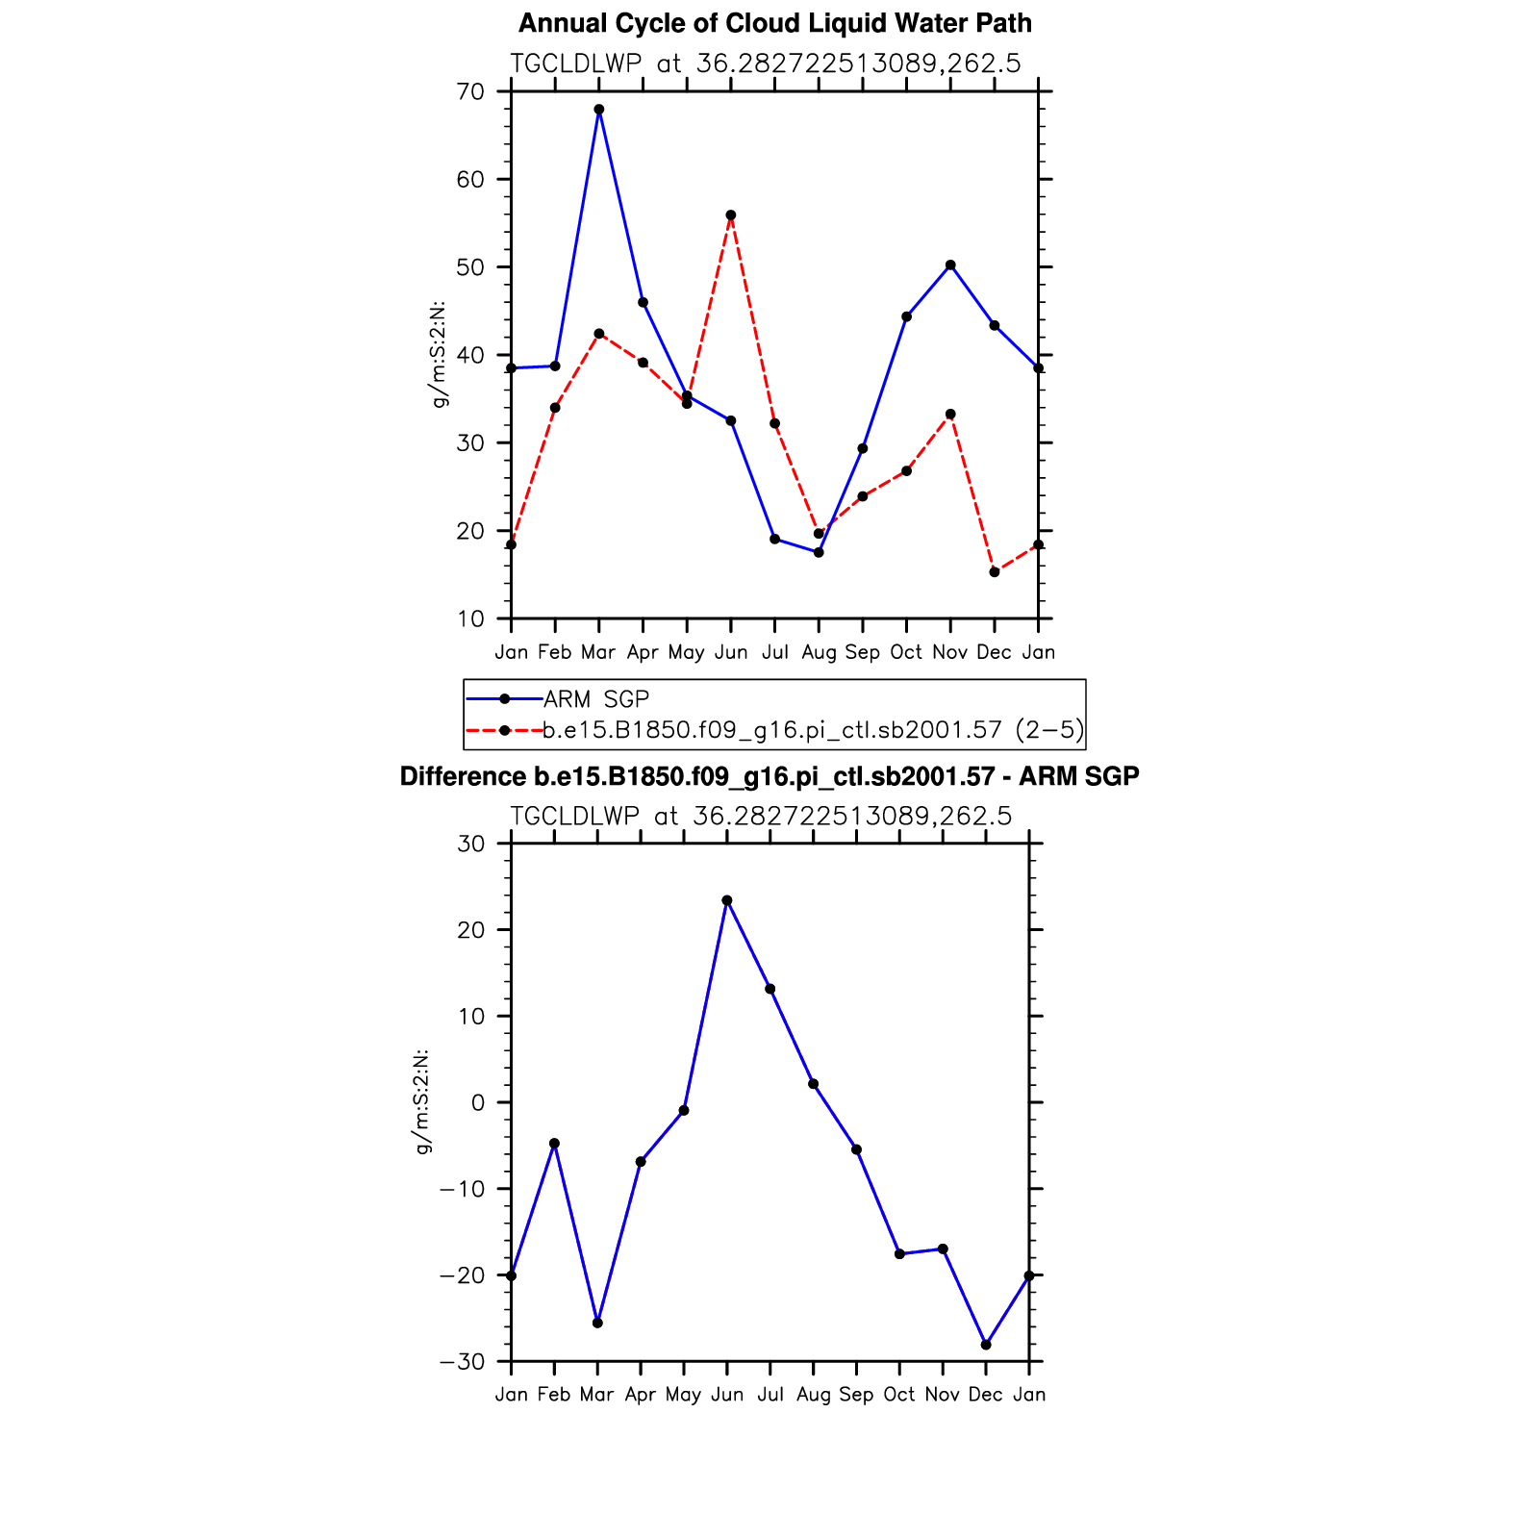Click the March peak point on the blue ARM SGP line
tap(599, 110)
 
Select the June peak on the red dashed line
tap(731, 215)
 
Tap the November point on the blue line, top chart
tap(950, 265)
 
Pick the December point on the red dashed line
tap(995, 572)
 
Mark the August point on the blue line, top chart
tap(819, 552)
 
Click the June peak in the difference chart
tap(727, 900)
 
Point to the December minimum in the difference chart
tap(986, 1345)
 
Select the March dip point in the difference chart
tap(597, 1323)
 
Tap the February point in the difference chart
tap(554, 1144)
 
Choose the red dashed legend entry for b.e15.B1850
tap(813, 730)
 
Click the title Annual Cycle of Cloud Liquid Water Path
tap(774, 23)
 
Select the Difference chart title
tap(770, 776)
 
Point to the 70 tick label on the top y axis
tap(471, 92)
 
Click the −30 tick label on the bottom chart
tap(462, 1362)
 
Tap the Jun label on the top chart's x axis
tap(731, 652)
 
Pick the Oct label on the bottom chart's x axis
tap(899, 1395)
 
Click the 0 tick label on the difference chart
tap(478, 1103)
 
